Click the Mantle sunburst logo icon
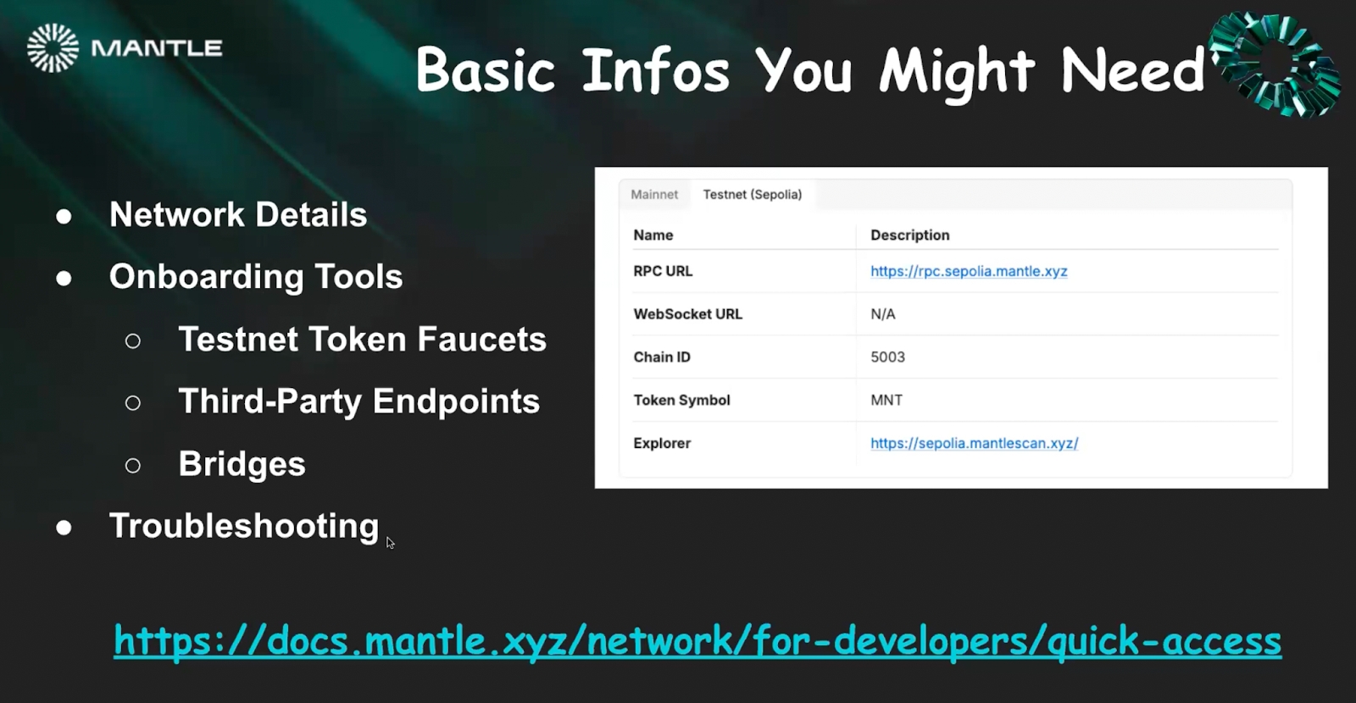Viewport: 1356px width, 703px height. [53, 47]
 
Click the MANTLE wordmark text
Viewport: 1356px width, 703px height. [157, 48]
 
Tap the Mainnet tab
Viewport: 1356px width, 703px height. [653, 195]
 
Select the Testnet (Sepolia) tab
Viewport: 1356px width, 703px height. [753, 195]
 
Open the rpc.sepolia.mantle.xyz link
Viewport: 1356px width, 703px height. [969, 272]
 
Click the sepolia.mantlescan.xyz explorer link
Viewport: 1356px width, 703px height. [974, 444]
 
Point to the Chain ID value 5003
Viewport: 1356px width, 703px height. [887, 357]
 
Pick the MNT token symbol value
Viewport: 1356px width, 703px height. [886, 400]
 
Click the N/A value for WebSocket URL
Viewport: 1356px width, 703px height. [882, 314]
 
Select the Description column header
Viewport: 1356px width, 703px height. [910, 235]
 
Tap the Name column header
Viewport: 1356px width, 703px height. [653, 235]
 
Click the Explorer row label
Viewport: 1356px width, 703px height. [662, 444]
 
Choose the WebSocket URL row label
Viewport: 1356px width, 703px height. [687, 314]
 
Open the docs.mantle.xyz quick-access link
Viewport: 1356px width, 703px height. [697, 641]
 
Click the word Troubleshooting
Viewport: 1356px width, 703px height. [244, 526]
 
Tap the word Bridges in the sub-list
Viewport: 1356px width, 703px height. [242, 464]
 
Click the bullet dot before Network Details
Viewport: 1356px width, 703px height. [64, 217]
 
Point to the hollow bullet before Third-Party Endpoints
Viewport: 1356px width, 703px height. [132, 403]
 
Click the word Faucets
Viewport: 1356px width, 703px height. [482, 339]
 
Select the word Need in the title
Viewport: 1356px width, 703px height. [1132, 71]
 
